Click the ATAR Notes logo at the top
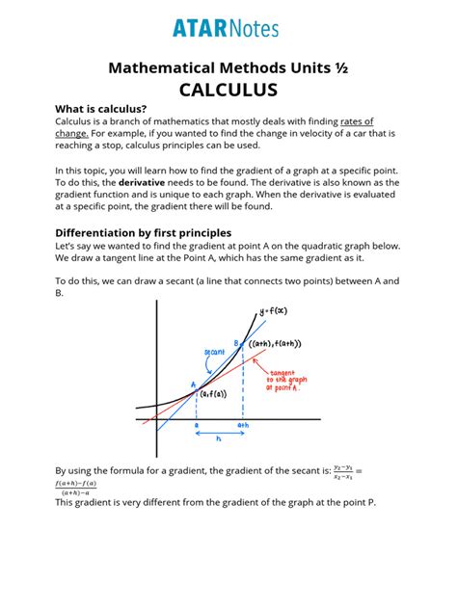[x=228, y=28]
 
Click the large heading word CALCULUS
[x=228, y=90]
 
